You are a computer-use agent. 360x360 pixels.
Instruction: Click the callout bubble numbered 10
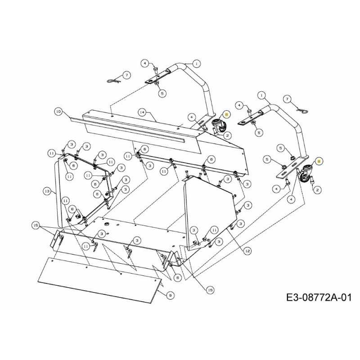(58, 111)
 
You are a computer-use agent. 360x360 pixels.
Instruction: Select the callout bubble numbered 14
(141, 112)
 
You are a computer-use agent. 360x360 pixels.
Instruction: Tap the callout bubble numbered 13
(47, 191)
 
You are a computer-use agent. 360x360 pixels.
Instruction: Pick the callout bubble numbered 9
(170, 295)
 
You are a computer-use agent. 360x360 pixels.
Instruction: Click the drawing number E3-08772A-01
(318, 297)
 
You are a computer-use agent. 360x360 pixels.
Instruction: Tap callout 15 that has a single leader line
(210, 291)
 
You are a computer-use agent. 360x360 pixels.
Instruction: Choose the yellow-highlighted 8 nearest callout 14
(226, 115)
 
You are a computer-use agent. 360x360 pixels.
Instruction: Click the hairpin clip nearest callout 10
(114, 80)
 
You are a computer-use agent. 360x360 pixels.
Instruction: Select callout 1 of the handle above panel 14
(197, 63)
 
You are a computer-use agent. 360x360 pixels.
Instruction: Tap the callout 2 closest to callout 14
(228, 135)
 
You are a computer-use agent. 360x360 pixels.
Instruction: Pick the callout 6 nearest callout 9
(177, 278)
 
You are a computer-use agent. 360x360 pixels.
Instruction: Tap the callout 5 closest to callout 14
(162, 94)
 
